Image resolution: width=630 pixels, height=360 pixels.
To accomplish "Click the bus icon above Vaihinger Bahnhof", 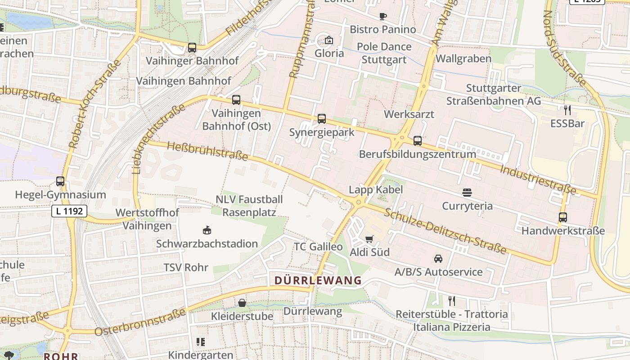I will tap(192, 47).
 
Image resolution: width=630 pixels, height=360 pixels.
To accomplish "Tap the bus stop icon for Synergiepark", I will tap(321, 119).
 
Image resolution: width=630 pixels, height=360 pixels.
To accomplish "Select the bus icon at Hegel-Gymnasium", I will tap(60, 181).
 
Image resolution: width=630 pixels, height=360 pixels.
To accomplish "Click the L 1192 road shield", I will tap(69, 211).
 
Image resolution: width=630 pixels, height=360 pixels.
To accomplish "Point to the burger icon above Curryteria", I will tap(467, 193).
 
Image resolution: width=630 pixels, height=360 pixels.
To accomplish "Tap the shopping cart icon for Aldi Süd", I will tap(369, 239).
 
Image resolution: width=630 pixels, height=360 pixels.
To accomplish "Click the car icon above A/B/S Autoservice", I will tap(438, 259).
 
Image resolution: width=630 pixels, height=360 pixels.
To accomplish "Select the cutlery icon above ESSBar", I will tap(567, 110).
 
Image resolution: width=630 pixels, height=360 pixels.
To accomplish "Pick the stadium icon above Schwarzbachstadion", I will tap(207, 230).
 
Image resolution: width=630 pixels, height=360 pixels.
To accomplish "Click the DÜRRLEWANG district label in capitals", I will tap(318, 280).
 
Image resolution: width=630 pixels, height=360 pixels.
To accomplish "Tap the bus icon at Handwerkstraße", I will tap(562, 217).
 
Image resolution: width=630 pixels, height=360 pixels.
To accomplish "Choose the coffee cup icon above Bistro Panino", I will tap(382, 17).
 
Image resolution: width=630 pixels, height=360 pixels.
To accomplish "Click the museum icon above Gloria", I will tap(329, 40).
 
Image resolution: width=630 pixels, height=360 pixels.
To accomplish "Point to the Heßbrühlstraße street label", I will tap(207, 151).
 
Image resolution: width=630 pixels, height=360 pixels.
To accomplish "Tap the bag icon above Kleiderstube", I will tap(242, 303).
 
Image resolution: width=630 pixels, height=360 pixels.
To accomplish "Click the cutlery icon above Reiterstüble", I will tap(452, 301).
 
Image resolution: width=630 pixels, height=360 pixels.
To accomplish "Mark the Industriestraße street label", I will tap(538, 179).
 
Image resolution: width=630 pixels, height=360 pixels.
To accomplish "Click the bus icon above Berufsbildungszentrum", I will tap(418, 141).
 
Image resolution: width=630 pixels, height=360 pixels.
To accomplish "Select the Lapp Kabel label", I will tap(376, 189).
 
